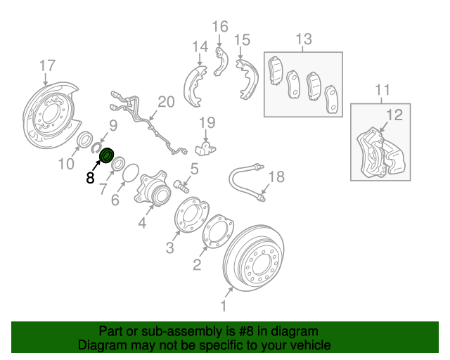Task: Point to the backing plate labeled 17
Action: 49,113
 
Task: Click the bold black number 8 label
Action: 90,179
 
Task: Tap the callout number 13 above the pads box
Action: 303,39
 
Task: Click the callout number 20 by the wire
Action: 165,103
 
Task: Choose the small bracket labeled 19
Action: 205,148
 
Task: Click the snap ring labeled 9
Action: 96,146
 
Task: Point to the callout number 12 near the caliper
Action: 394,115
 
